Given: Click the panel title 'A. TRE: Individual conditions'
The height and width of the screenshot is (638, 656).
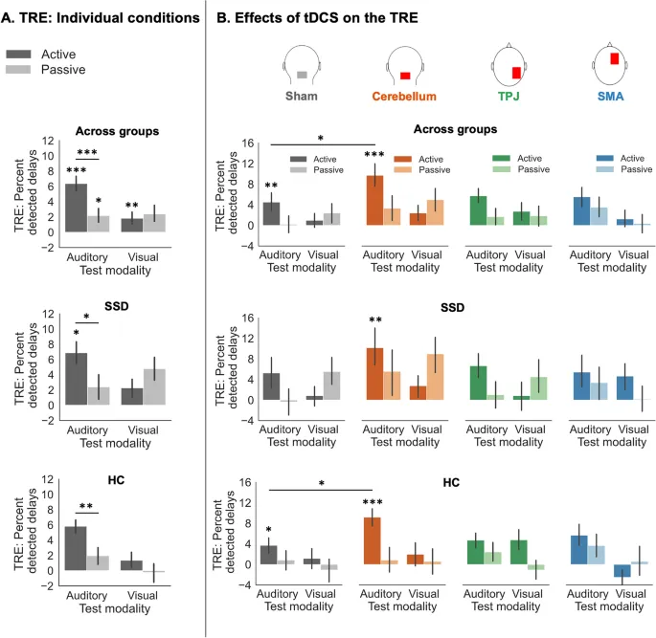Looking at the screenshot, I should [102, 16].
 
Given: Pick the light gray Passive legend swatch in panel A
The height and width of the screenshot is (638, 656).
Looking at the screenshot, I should [27, 71].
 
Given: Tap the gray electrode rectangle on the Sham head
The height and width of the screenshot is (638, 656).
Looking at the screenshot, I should [302, 74].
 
